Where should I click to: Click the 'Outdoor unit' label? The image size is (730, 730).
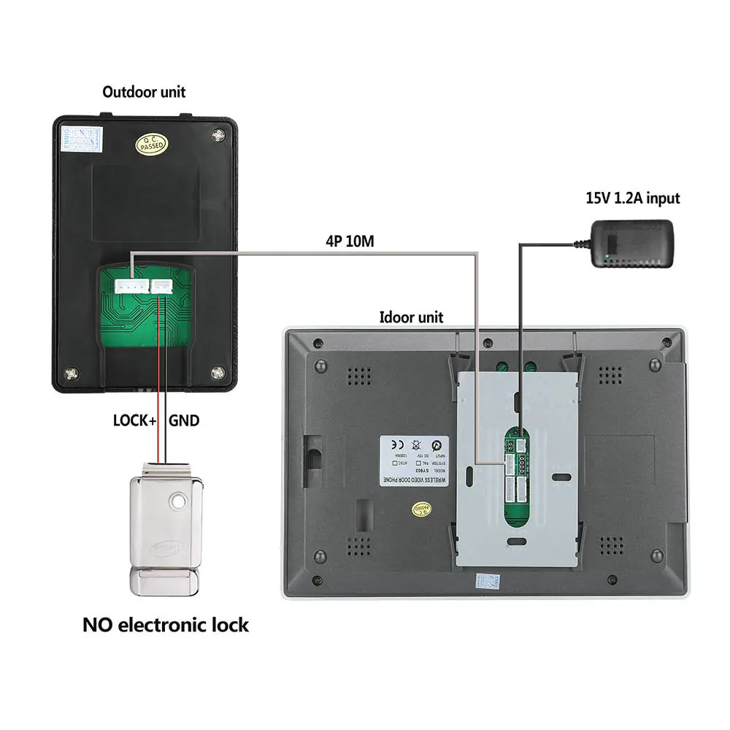[144, 92]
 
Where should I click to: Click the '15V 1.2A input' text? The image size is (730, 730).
[632, 198]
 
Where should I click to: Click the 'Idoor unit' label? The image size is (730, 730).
[411, 317]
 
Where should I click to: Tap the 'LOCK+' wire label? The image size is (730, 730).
[136, 420]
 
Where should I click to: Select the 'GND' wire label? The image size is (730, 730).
[184, 420]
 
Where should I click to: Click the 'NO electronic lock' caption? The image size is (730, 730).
[166, 625]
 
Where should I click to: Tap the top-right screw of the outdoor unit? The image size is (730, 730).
[218, 134]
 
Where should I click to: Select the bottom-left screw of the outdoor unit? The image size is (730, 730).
[72, 374]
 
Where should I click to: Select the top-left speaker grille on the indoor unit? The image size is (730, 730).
[357, 374]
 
